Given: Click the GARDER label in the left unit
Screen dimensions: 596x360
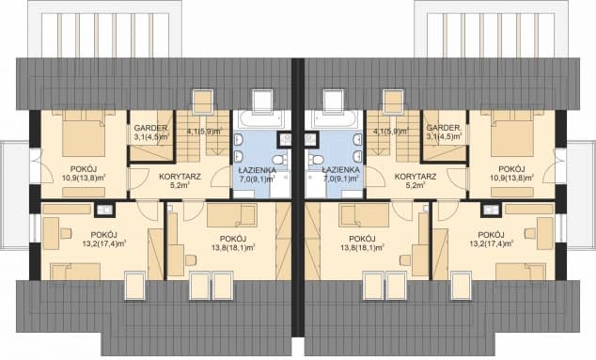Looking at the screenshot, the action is (150, 128).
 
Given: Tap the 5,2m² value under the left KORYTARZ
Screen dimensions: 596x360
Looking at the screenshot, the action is (180, 185).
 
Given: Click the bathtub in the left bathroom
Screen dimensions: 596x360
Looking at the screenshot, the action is (261, 120).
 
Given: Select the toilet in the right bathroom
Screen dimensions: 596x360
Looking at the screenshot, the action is (316, 160).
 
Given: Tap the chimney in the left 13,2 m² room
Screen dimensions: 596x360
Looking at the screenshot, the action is (104, 210).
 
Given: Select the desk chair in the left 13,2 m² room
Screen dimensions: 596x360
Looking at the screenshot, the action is (66, 233).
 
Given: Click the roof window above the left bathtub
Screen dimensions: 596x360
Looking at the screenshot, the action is (262, 102).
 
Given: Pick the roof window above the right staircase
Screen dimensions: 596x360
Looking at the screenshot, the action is (393, 102).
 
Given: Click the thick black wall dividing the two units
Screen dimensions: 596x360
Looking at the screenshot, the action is (298, 197).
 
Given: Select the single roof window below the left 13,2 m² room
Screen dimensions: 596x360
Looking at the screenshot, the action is (135, 286).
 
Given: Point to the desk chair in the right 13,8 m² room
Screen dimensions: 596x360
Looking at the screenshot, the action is (405, 260).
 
